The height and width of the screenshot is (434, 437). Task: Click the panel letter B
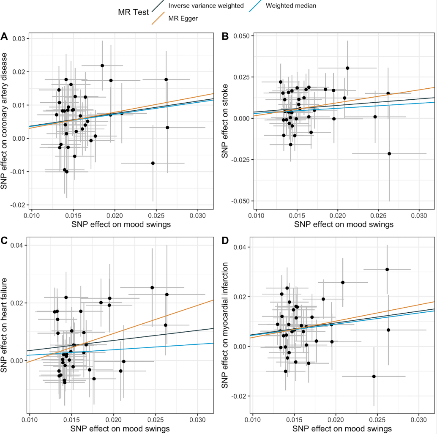(225, 36)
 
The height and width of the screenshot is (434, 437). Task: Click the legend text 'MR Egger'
(183, 19)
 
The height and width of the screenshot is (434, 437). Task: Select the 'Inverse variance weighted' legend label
(206, 6)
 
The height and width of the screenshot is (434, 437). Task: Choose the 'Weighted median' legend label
(291, 6)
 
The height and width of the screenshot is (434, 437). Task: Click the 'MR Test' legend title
(133, 12)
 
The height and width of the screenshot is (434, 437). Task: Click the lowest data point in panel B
(389, 154)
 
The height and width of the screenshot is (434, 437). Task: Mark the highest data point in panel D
(387, 269)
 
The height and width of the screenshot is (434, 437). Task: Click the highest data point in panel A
(102, 66)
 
